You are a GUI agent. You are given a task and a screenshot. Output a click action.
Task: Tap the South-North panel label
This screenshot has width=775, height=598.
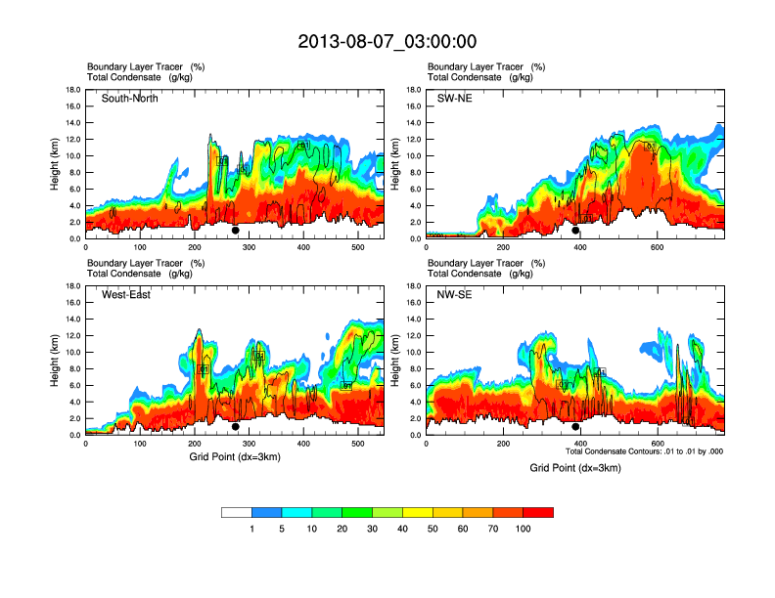tap(130, 99)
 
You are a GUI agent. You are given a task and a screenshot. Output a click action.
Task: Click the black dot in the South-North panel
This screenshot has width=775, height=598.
tap(236, 231)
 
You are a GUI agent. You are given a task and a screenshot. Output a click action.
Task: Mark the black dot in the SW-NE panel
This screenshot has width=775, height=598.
tap(576, 231)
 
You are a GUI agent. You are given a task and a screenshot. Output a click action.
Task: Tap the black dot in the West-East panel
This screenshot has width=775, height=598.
tap(236, 427)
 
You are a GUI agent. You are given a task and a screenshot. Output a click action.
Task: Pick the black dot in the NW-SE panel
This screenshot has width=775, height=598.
tap(576, 427)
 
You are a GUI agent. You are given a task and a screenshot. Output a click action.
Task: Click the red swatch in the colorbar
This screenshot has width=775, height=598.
tap(538, 512)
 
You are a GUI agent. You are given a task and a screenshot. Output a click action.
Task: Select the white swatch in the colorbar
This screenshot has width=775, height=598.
tap(237, 512)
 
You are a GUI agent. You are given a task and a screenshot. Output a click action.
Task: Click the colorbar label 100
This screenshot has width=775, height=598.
tap(524, 529)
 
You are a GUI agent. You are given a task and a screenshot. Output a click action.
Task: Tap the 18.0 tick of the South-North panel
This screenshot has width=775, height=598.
tap(72, 90)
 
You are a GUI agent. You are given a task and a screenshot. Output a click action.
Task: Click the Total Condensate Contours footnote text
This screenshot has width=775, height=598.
tap(644, 452)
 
